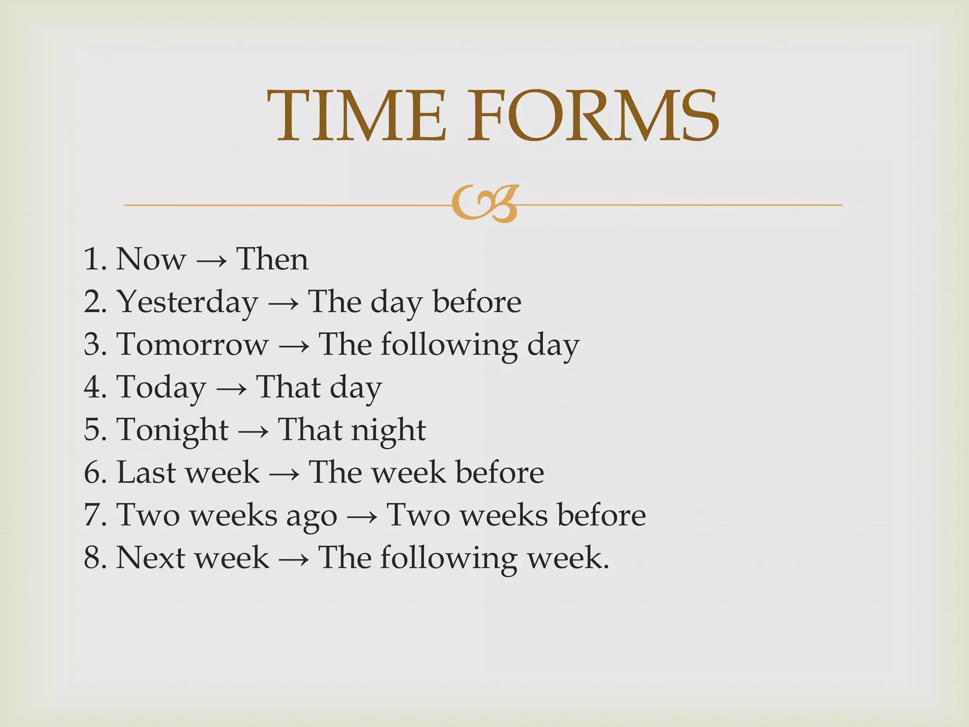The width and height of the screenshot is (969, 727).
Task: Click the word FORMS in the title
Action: click(593, 116)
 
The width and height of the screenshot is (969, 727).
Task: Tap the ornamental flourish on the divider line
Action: click(485, 204)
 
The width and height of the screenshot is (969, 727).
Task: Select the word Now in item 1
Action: click(151, 259)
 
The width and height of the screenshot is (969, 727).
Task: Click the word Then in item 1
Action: click(273, 259)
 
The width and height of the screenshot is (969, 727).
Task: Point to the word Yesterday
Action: click(188, 302)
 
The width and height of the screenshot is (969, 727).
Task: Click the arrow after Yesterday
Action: click(283, 303)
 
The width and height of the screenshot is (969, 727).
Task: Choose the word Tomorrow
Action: click(193, 344)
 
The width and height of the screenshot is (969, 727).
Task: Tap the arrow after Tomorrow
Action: click(294, 346)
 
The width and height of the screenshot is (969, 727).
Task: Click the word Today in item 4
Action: click(161, 388)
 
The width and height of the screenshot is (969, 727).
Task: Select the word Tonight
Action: click(173, 430)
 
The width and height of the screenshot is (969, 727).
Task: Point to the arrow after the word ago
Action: click(362, 516)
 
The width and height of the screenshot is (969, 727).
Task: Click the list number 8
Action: click(93, 557)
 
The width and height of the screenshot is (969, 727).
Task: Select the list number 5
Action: click(93, 430)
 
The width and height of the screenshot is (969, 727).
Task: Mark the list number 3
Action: click(93, 344)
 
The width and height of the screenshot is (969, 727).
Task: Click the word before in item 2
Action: click(477, 301)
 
